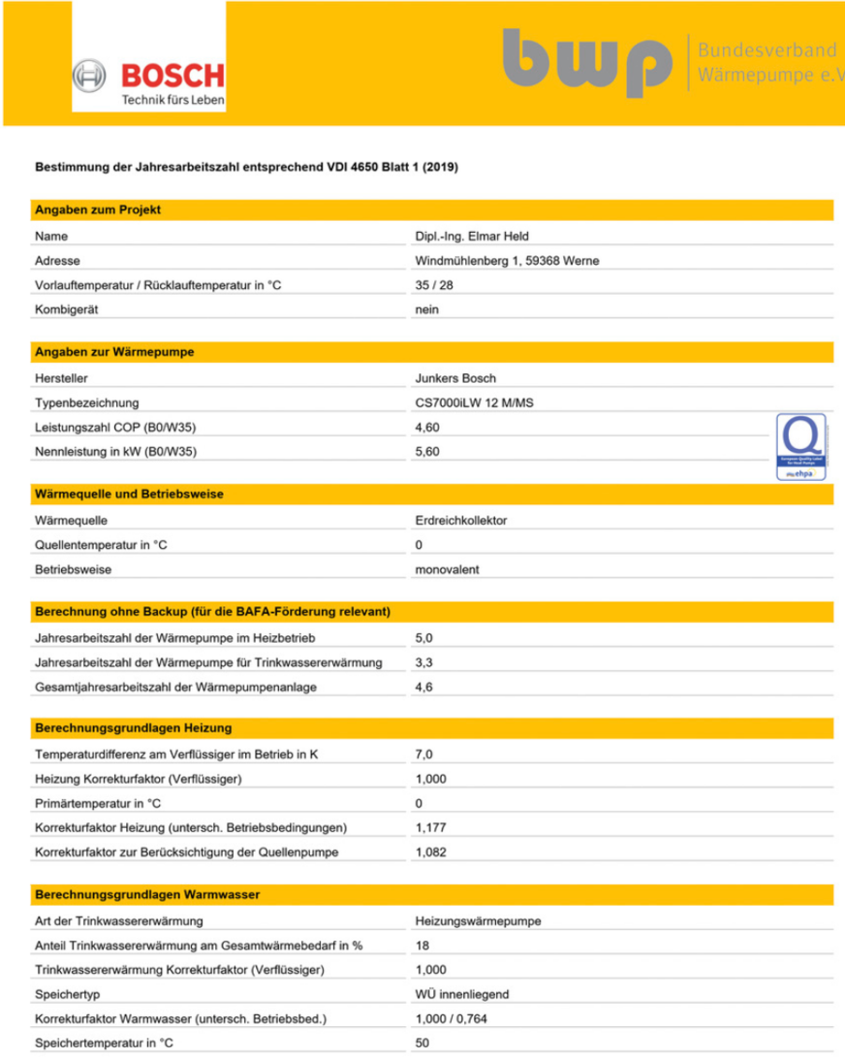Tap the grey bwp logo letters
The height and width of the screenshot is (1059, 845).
click(x=587, y=64)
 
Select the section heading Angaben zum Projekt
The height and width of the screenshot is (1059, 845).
click(x=98, y=209)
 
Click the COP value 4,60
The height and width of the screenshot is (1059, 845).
click(x=427, y=427)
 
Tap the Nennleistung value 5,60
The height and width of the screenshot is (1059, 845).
click(x=427, y=451)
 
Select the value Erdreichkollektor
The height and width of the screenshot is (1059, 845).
click(x=460, y=521)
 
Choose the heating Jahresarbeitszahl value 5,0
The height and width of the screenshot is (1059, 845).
click(x=422, y=637)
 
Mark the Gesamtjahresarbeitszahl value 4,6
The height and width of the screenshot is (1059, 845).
click(x=422, y=687)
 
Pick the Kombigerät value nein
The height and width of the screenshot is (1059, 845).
click(x=426, y=309)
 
